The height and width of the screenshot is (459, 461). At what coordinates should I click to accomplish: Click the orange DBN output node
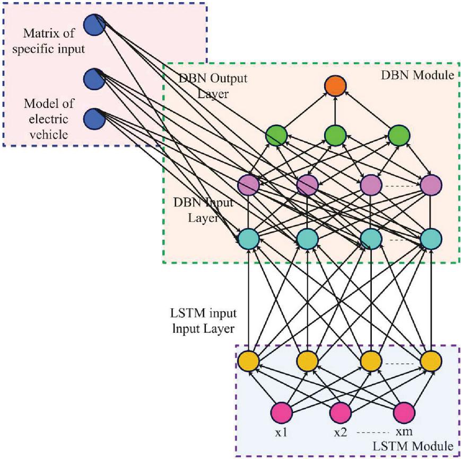335,87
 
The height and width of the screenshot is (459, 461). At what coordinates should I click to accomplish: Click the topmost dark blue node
94,24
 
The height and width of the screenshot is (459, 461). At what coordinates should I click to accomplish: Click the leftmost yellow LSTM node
248,361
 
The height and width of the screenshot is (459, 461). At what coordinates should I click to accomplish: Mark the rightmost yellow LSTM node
431,361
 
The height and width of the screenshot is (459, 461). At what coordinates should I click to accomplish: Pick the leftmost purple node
248,185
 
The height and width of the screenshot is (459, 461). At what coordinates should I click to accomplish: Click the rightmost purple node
431,185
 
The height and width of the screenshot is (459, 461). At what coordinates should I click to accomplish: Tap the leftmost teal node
248,239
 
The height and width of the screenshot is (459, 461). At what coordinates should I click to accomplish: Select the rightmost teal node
431,239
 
